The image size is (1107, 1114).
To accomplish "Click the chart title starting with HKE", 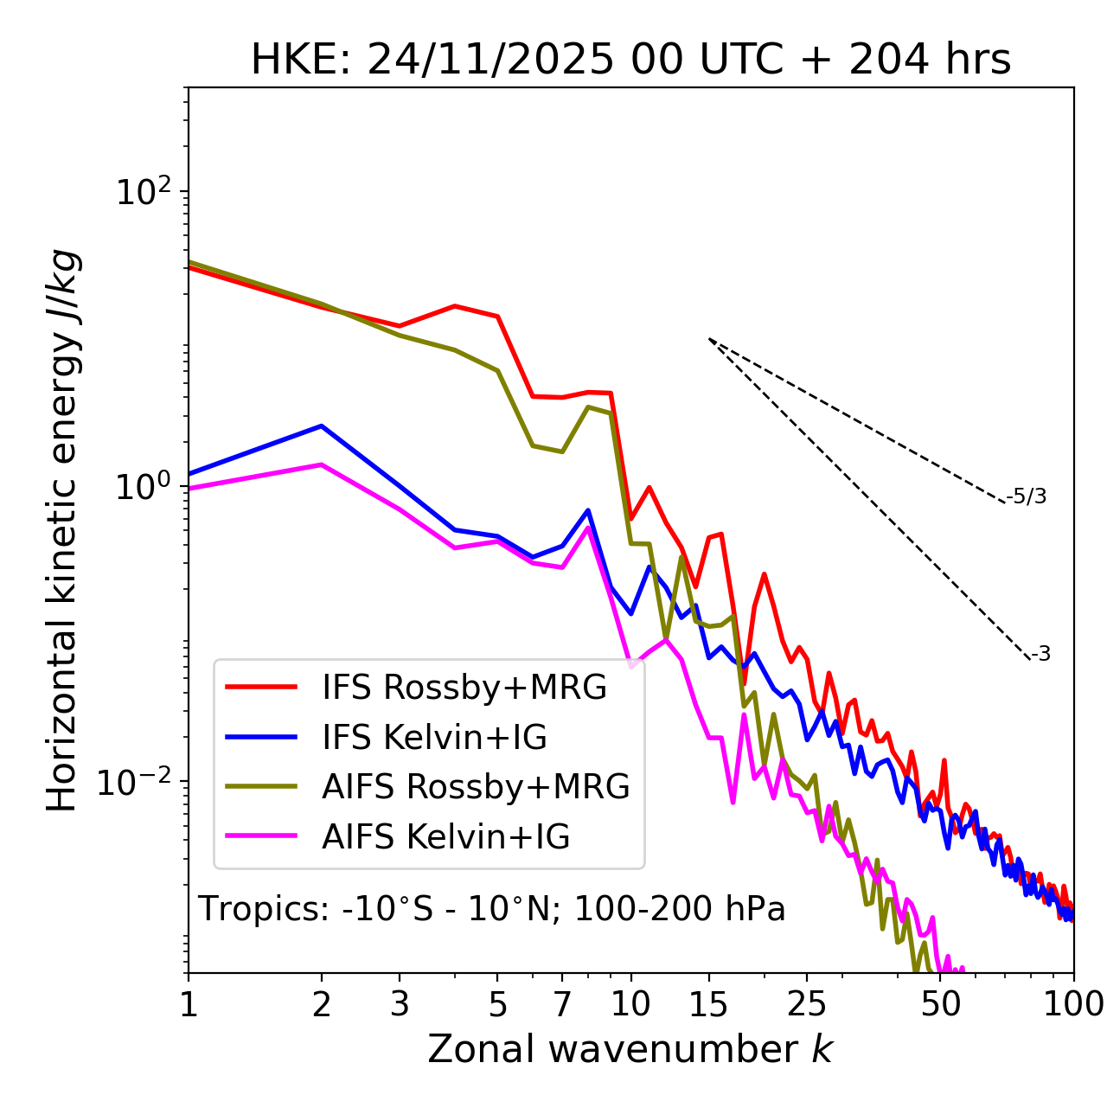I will tap(630, 61).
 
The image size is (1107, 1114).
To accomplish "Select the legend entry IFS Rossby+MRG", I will tap(464, 687).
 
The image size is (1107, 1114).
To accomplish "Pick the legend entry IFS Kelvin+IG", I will tap(434, 737).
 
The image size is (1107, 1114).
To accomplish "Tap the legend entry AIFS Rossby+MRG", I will tap(476, 787).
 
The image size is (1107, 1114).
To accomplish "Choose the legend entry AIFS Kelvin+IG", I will tap(445, 837).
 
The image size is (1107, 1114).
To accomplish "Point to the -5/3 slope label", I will tap(1027, 496).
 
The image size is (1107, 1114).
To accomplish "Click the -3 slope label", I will tap(1040, 655).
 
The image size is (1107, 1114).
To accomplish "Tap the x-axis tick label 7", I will tap(562, 1004).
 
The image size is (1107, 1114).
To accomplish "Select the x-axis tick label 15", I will tap(709, 1004).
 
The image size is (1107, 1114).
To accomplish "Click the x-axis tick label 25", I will tap(807, 1004).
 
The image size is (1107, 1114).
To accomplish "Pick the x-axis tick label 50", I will tap(940, 1004).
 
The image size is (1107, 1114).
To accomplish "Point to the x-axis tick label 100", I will tap(1073, 1004).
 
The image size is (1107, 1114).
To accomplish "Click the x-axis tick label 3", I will tap(400, 1004).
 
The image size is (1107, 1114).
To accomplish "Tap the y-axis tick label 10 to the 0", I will tap(144, 486).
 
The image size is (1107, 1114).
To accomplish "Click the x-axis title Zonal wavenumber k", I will tap(630, 1049).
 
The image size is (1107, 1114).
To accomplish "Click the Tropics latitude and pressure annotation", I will tap(492, 909).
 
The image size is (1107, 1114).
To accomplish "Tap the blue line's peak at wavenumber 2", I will tap(322, 426).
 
